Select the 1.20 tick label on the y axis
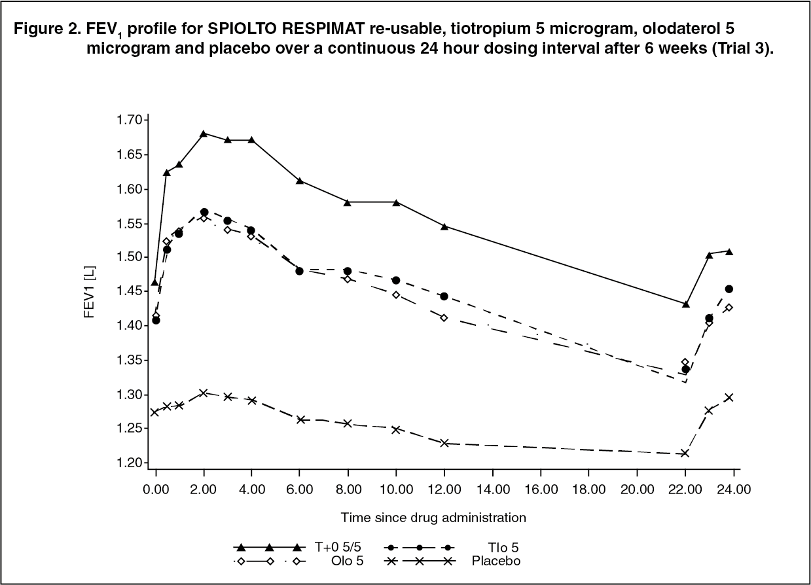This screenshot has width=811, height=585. (x=130, y=463)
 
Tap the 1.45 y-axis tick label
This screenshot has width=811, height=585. (x=130, y=291)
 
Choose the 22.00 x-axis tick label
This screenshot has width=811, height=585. (x=685, y=488)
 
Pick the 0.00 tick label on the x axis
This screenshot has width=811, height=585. (x=156, y=488)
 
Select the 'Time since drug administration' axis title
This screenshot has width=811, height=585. (x=433, y=518)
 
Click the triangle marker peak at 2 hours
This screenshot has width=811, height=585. (x=204, y=133)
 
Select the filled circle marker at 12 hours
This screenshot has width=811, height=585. (x=444, y=296)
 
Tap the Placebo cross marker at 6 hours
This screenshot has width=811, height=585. (x=300, y=419)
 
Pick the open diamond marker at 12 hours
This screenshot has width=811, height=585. (x=444, y=317)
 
